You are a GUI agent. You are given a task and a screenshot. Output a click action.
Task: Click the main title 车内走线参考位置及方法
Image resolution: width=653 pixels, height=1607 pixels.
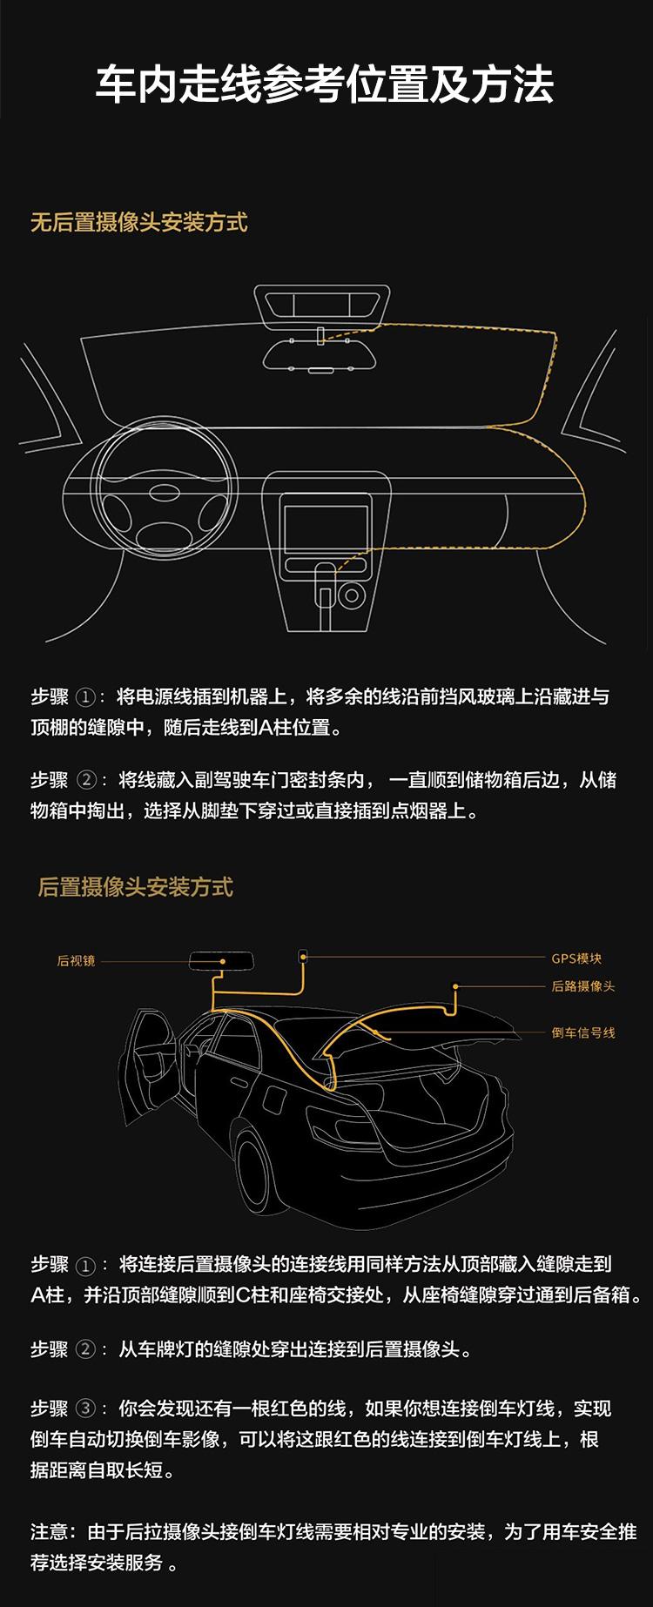(x=325, y=84)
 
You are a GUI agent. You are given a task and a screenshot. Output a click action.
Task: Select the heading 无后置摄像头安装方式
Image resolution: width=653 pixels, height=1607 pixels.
(x=139, y=223)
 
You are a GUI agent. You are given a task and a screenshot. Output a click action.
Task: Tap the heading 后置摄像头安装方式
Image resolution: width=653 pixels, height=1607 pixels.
(x=136, y=887)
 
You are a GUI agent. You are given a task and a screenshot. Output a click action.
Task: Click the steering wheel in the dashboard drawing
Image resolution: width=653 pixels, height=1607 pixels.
(x=165, y=489)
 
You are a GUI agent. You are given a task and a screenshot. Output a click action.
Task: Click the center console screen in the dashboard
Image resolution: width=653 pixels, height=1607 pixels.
(x=326, y=532)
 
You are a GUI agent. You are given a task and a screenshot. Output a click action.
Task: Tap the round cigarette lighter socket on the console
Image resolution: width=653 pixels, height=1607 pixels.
(x=352, y=596)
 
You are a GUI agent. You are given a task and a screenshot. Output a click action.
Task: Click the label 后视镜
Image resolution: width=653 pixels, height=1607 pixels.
(x=77, y=961)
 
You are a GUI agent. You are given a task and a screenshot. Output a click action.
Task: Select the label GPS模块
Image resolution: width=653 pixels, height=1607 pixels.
(x=576, y=958)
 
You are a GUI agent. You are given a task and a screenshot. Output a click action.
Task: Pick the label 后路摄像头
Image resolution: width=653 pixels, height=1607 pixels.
(x=583, y=986)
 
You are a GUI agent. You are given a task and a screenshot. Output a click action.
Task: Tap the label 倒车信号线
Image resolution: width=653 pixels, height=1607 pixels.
(x=583, y=1032)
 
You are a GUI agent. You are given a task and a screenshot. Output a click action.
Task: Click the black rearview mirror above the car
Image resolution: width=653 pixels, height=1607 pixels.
(x=221, y=961)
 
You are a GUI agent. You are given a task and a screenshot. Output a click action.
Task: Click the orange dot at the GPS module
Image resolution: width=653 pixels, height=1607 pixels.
(x=303, y=957)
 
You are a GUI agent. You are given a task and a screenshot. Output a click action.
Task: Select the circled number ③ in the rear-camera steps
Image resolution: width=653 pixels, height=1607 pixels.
(x=85, y=1409)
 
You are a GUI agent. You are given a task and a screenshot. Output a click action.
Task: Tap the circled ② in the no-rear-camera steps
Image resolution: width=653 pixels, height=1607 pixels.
(x=86, y=780)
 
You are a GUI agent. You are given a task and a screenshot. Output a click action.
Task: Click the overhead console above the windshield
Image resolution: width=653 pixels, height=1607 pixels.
(x=322, y=306)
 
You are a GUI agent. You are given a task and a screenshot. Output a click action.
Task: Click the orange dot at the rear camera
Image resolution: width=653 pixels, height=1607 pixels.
(x=454, y=986)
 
